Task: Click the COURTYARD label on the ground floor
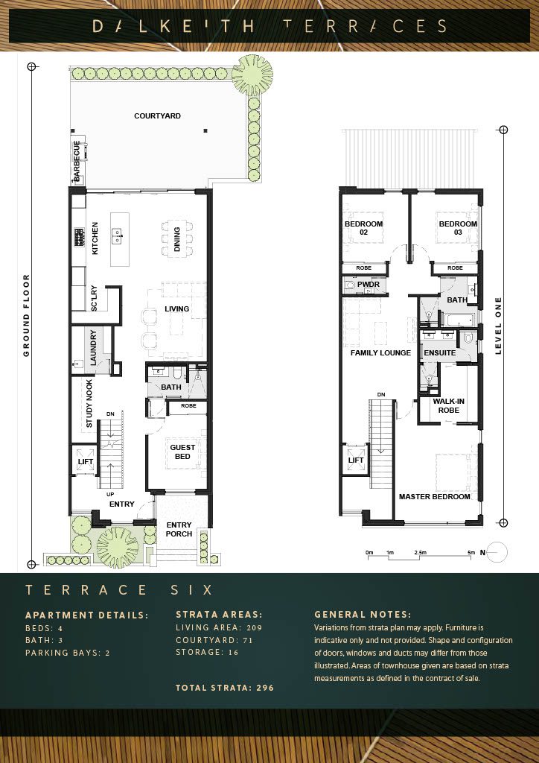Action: (x=157, y=116)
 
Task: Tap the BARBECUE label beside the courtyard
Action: (x=76, y=161)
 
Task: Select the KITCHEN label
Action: (x=95, y=238)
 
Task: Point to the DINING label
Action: (x=177, y=239)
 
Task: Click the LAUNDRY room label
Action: (x=94, y=347)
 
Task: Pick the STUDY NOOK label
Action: (x=89, y=404)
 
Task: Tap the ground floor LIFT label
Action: (x=86, y=461)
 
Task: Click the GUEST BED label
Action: (x=182, y=452)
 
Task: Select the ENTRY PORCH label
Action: (x=179, y=530)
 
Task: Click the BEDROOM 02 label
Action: (x=363, y=228)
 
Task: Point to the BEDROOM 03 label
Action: (x=458, y=228)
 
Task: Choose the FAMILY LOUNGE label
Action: (x=381, y=352)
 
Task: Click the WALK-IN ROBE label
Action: (x=446, y=406)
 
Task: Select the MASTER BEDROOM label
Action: (x=435, y=497)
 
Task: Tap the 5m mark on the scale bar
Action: (x=471, y=553)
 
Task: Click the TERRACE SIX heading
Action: (x=119, y=590)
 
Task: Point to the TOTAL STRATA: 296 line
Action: (x=225, y=688)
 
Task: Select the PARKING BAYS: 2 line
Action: (x=68, y=653)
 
